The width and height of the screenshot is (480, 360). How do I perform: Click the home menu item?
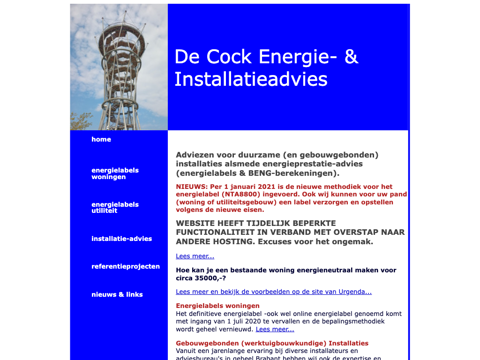tap(101, 139)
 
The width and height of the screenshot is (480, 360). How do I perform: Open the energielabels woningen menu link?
tap(115, 173)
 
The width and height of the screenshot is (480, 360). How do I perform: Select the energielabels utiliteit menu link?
tap(115, 208)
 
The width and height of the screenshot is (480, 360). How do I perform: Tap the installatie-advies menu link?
tap(121, 239)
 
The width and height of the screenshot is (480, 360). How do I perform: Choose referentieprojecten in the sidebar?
tap(125, 266)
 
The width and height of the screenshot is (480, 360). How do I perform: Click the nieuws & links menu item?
tap(117, 294)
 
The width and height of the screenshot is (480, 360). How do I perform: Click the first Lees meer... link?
tap(195, 256)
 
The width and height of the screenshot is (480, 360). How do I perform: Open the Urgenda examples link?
tap(273, 292)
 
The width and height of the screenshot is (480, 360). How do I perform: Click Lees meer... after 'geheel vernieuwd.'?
tap(275, 329)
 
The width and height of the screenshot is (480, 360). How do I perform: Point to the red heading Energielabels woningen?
tap(217, 306)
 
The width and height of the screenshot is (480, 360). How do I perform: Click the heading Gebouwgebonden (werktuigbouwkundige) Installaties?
tap(272, 343)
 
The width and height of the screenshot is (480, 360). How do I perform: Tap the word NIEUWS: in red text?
tap(192, 187)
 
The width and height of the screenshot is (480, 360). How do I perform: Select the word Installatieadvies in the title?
tap(251, 79)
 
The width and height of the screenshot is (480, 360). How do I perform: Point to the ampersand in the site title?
tap(351, 57)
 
